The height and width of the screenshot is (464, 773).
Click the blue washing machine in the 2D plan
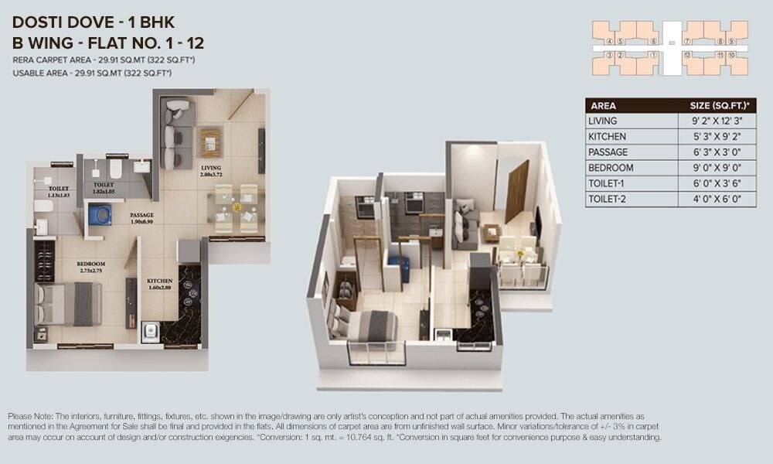(x=99, y=214)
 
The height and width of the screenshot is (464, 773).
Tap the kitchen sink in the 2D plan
(x=151, y=333)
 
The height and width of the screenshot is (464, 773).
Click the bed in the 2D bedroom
(x=68, y=303)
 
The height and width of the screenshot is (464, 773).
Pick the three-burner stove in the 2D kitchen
(x=190, y=294)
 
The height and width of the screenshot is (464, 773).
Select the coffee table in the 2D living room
(x=210, y=142)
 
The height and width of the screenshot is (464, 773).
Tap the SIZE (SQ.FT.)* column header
(x=722, y=106)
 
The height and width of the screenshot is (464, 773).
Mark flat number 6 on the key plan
(x=654, y=41)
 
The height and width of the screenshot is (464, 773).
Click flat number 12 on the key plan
(x=686, y=55)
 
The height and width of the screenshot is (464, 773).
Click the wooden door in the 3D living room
(x=516, y=189)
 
